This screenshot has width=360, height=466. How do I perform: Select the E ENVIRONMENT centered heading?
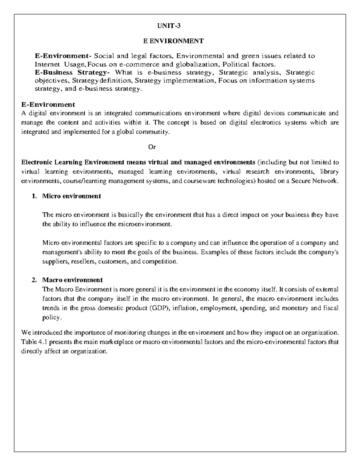173,41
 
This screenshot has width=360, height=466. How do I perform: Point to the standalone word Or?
152,147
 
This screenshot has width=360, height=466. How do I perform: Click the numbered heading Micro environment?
71,196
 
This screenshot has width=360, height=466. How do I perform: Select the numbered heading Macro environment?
72,280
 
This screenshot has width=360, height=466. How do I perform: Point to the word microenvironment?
145,224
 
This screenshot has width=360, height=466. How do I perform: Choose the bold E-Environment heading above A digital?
48,104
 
